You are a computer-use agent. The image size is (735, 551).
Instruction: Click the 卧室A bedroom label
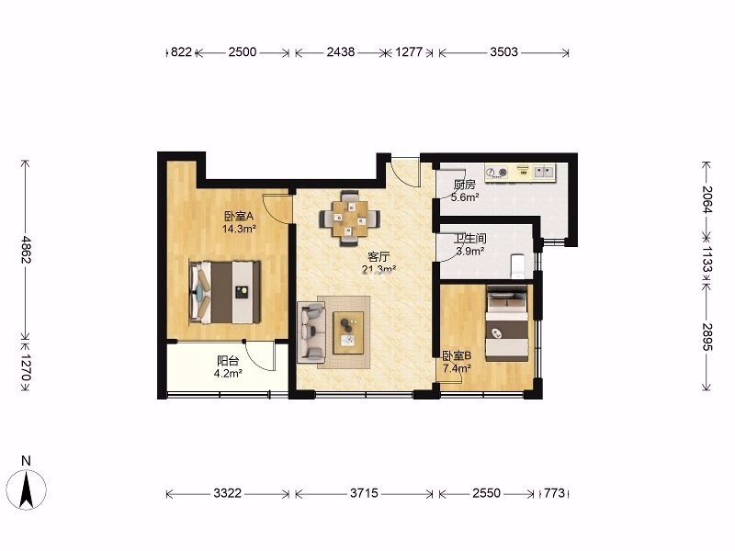(x=239, y=216)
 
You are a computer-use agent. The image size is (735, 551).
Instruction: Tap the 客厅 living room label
(x=379, y=256)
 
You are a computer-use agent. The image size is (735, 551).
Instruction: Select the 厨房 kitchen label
(x=465, y=185)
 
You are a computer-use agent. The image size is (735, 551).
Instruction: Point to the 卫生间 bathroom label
(x=470, y=239)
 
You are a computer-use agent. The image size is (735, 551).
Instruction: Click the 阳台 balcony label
(x=228, y=361)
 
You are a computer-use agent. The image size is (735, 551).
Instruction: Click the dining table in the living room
(x=350, y=219)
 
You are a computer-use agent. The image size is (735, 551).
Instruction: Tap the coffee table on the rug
(x=348, y=332)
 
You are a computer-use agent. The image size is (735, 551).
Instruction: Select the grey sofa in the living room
(x=311, y=332)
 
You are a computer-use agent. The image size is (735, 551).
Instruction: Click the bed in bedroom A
(x=224, y=292)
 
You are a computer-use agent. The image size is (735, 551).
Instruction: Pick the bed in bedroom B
(x=507, y=323)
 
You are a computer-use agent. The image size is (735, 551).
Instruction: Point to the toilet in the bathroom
(x=518, y=265)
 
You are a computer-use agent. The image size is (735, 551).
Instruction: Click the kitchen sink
(x=544, y=172)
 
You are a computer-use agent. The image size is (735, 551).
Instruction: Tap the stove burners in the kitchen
(x=497, y=173)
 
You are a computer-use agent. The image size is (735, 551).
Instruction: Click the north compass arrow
(x=27, y=490)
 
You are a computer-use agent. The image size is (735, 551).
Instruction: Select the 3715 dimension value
(x=364, y=493)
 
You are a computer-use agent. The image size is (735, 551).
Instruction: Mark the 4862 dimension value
(x=27, y=249)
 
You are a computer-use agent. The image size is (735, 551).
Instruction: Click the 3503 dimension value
(x=503, y=51)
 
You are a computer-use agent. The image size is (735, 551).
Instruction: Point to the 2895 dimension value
(x=707, y=337)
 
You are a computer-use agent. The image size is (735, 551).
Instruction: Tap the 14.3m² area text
(x=239, y=229)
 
